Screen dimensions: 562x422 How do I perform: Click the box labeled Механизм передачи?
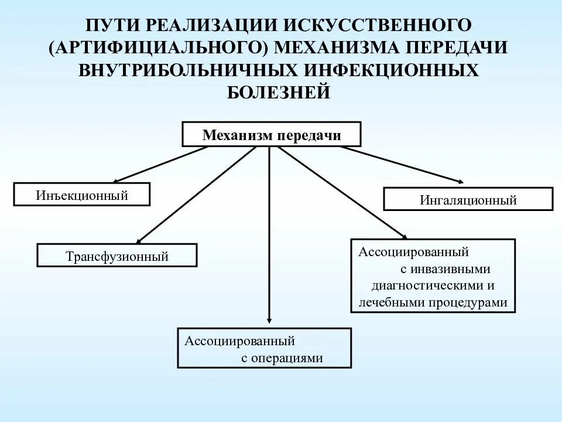click(272, 134)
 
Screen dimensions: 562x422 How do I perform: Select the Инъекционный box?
click(82, 195)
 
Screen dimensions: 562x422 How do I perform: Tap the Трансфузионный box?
click(117, 256)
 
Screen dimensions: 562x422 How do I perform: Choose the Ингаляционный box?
click(468, 199)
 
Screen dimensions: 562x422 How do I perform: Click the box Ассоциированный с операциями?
click(264, 348)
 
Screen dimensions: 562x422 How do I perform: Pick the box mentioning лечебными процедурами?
click(433, 275)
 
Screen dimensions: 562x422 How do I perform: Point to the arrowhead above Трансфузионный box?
click(140, 240)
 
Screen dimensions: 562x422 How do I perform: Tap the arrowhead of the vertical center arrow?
click(269, 319)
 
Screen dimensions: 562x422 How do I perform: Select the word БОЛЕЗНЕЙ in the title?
click(279, 93)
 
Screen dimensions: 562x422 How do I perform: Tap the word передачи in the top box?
click(310, 135)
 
